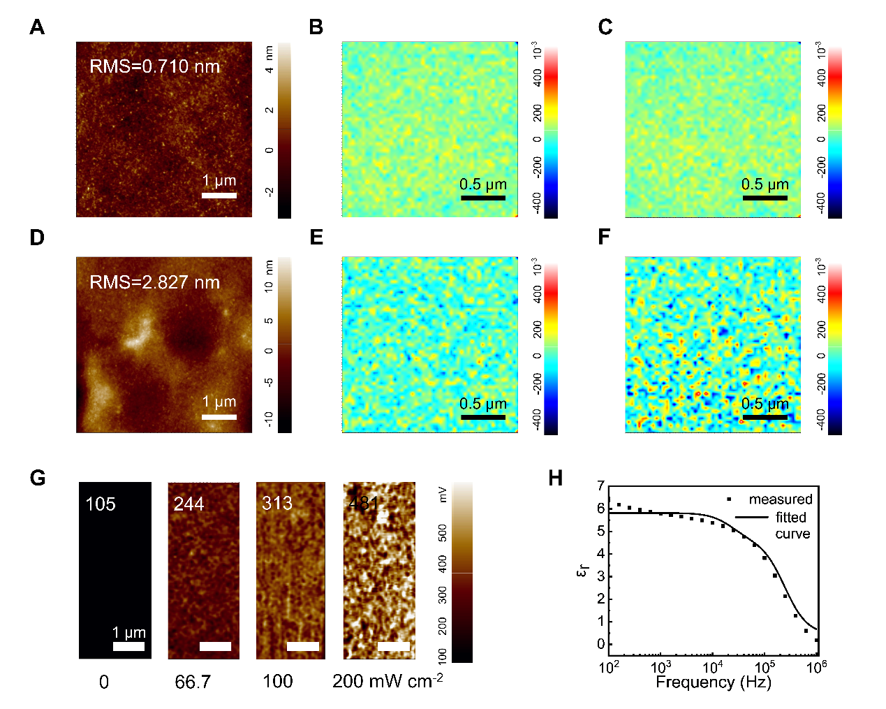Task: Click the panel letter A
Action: point(37,27)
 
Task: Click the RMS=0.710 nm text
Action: point(154,66)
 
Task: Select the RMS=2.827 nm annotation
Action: point(154,282)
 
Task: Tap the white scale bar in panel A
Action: point(219,195)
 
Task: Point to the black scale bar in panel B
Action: point(482,198)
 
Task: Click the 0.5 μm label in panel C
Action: point(765,184)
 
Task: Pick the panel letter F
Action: point(605,237)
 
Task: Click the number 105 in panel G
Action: point(100,504)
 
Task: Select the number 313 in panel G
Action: point(277,504)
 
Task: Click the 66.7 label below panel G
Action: point(193,682)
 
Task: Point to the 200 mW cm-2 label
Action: point(387,681)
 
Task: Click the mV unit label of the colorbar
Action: point(442,495)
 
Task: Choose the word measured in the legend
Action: point(781,499)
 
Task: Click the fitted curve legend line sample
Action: point(751,518)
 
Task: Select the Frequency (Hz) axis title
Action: point(713,682)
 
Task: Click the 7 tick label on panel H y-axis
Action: point(601,486)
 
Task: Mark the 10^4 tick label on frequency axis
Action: point(712,666)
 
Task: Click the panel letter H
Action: point(556,478)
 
